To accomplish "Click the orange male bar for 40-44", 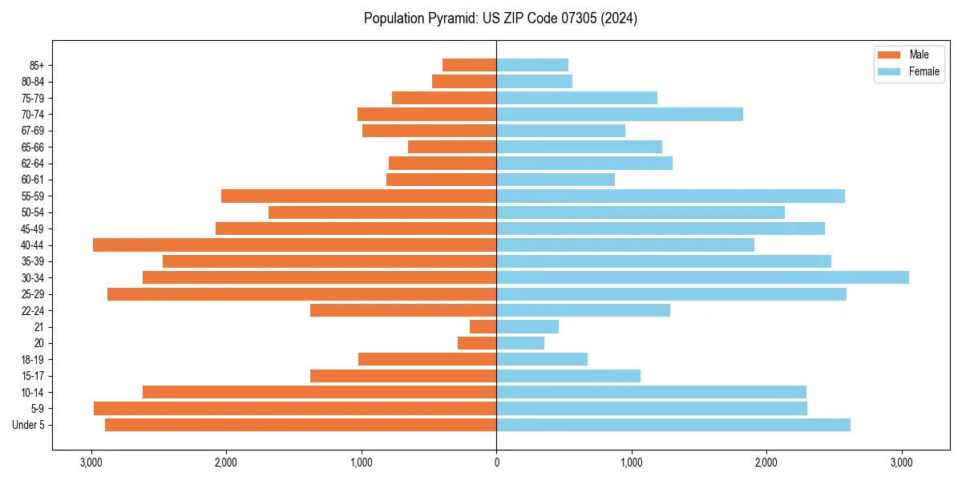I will pos(294,245).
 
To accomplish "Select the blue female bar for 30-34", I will pos(702,277).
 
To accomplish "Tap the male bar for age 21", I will pos(483,326).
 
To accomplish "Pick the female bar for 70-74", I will pos(620,114).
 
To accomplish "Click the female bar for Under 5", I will pos(673,425).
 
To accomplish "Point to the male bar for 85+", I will pos(469,65).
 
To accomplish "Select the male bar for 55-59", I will pos(358,196).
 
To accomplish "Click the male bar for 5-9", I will pos(295,408).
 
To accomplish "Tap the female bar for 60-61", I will pos(556,180).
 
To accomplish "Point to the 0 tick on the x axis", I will pos(496,463).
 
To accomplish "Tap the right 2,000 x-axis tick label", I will pos(766,463).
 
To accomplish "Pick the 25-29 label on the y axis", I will pos(33,294).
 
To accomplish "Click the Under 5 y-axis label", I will pos(28,425).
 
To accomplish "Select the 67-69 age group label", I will pos(33,131).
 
